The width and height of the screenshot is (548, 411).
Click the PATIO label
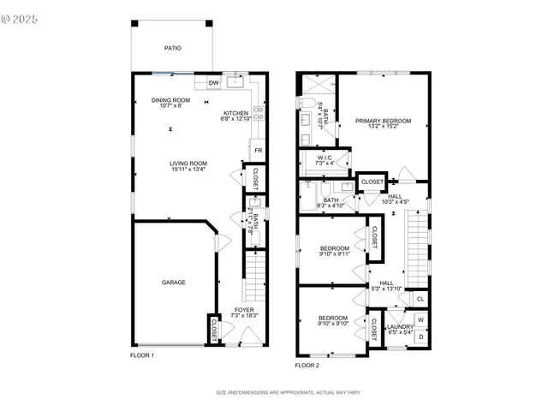[172, 49]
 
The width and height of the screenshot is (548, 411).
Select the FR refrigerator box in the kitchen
[256, 151]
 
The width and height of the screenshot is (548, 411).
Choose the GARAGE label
[174, 282]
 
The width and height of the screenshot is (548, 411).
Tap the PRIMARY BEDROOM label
[383, 122]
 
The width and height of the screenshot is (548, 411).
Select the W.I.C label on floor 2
[325, 158]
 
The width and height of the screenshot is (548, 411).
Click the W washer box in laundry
[420, 321]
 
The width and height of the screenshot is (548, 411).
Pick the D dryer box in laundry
[420, 337]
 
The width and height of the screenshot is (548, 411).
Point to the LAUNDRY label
[400, 326]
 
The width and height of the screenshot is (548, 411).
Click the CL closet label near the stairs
[420, 299]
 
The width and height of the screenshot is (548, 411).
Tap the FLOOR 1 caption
[141, 354]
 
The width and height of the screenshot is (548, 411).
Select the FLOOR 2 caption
[307, 365]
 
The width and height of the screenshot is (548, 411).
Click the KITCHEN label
[236, 113]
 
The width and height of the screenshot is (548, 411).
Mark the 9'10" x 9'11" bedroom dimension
[334, 254]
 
